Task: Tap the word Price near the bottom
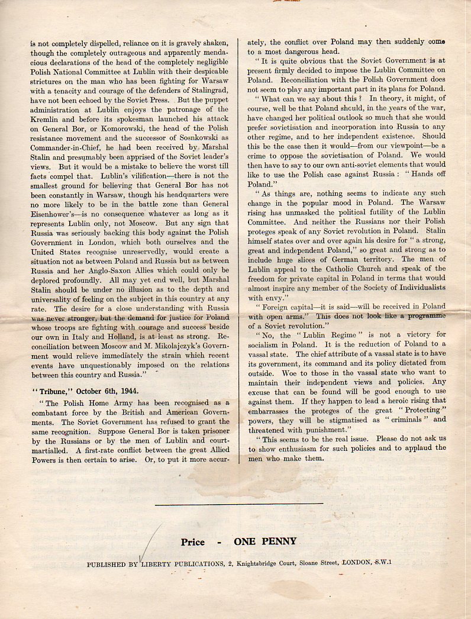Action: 193,541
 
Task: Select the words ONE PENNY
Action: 266,541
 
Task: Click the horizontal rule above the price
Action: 238,504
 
